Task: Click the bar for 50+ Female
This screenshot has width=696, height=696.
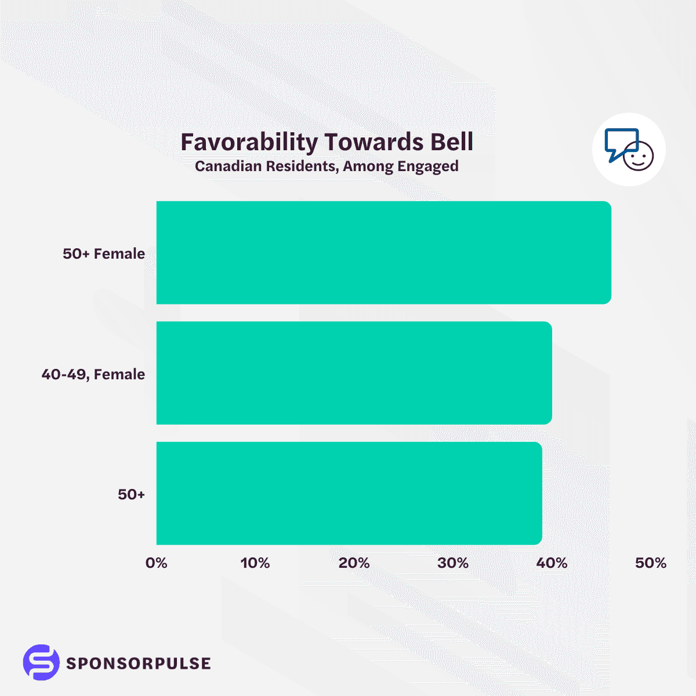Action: point(383,253)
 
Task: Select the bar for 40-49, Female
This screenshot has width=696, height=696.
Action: point(354,373)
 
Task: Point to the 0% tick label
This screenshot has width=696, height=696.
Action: point(157,563)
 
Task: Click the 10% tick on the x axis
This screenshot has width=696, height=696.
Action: point(255,563)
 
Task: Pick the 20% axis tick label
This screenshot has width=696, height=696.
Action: point(354,563)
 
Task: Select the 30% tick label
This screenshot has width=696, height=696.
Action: point(453,563)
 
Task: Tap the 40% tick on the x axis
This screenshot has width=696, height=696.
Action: point(552,563)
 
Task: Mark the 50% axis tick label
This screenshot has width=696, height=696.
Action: point(651,563)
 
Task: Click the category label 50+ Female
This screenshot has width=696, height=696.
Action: point(104,253)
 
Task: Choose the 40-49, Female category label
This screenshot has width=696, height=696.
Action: point(93,374)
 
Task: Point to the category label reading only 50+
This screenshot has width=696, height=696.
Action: point(131,494)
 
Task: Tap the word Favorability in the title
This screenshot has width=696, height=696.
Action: point(249,142)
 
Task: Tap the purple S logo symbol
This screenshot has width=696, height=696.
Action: point(41,662)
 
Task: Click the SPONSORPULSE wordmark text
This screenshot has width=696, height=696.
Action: point(139,663)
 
